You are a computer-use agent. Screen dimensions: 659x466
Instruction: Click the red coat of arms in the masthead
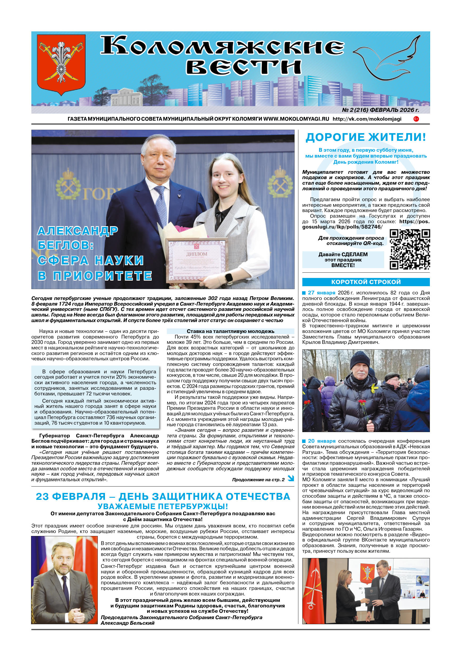[61, 65]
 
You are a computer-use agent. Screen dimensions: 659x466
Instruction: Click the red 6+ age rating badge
[416, 119]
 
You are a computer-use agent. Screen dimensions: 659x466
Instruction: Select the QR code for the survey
[409, 249]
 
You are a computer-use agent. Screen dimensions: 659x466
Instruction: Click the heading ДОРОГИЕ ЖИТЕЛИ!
[366, 137]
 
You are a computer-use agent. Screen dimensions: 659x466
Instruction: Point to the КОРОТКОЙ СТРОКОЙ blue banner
[366, 282]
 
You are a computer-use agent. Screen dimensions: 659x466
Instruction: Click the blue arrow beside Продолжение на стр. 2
[291, 478]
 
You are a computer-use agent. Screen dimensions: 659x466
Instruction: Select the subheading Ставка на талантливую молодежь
[230, 331]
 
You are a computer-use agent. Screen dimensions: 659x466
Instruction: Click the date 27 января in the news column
[321, 293]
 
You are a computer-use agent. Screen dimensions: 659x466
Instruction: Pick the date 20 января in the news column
[321, 441]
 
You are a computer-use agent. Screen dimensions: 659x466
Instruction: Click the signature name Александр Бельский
[128, 623]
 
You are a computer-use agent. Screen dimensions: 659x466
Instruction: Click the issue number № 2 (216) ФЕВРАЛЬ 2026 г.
[380, 110]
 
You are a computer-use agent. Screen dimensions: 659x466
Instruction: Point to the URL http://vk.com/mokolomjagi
[367, 119]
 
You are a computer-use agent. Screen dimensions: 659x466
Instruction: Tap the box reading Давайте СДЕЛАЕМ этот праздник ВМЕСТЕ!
[343, 260]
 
